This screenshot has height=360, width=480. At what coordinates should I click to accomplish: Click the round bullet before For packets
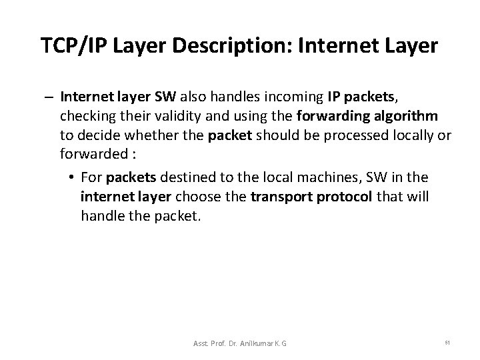[x=71, y=179]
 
